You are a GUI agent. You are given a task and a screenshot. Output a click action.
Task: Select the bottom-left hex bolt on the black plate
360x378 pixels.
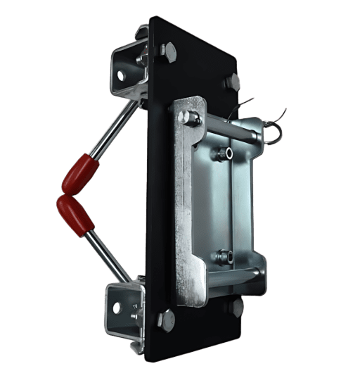(165, 319)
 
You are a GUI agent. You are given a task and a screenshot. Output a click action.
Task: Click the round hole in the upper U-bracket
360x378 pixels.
(124, 75)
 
